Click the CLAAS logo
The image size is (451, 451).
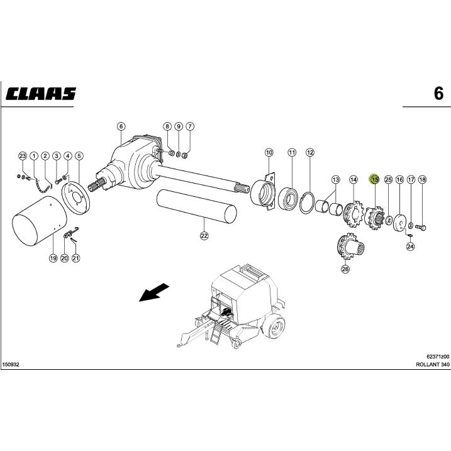click(x=42, y=93)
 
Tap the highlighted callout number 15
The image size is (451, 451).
click(x=374, y=179)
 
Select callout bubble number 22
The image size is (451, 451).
click(x=204, y=236)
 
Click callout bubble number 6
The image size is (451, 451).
click(x=121, y=126)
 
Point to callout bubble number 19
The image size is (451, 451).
click(x=53, y=258)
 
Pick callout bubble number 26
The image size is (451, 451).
click(x=345, y=269)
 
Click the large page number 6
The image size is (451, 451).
click(x=438, y=94)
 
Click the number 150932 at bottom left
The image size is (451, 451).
click(x=11, y=365)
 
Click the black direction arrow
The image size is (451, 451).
click(x=153, y=292)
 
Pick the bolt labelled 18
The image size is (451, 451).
click(x=421, y=226)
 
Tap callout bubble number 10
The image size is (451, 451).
click(x=269, y=152)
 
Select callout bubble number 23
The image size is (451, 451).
click(x=23, y=155)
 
